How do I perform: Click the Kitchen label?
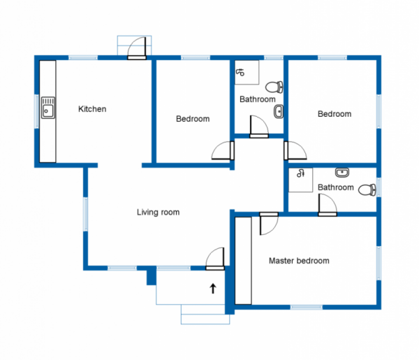pos(92,109)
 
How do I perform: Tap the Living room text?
pos(158,212)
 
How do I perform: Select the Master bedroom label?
pos(299,261)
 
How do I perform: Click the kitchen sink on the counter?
pos(48,108)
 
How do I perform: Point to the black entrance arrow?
pos(212,287)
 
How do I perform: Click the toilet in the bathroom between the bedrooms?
pos(275,87)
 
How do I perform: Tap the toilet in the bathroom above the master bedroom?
pos(366,189)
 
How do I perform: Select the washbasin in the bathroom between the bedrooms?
pos(278,112)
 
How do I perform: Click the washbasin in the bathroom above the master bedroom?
pos(341,173)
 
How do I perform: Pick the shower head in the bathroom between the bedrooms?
pos(240,71)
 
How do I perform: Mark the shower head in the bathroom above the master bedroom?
pos(301,174)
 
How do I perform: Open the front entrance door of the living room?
pos(215,258)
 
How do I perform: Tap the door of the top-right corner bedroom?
pos(295,151)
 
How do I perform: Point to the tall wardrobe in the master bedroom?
pos(242,260)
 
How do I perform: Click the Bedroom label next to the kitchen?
pos(192,119)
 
